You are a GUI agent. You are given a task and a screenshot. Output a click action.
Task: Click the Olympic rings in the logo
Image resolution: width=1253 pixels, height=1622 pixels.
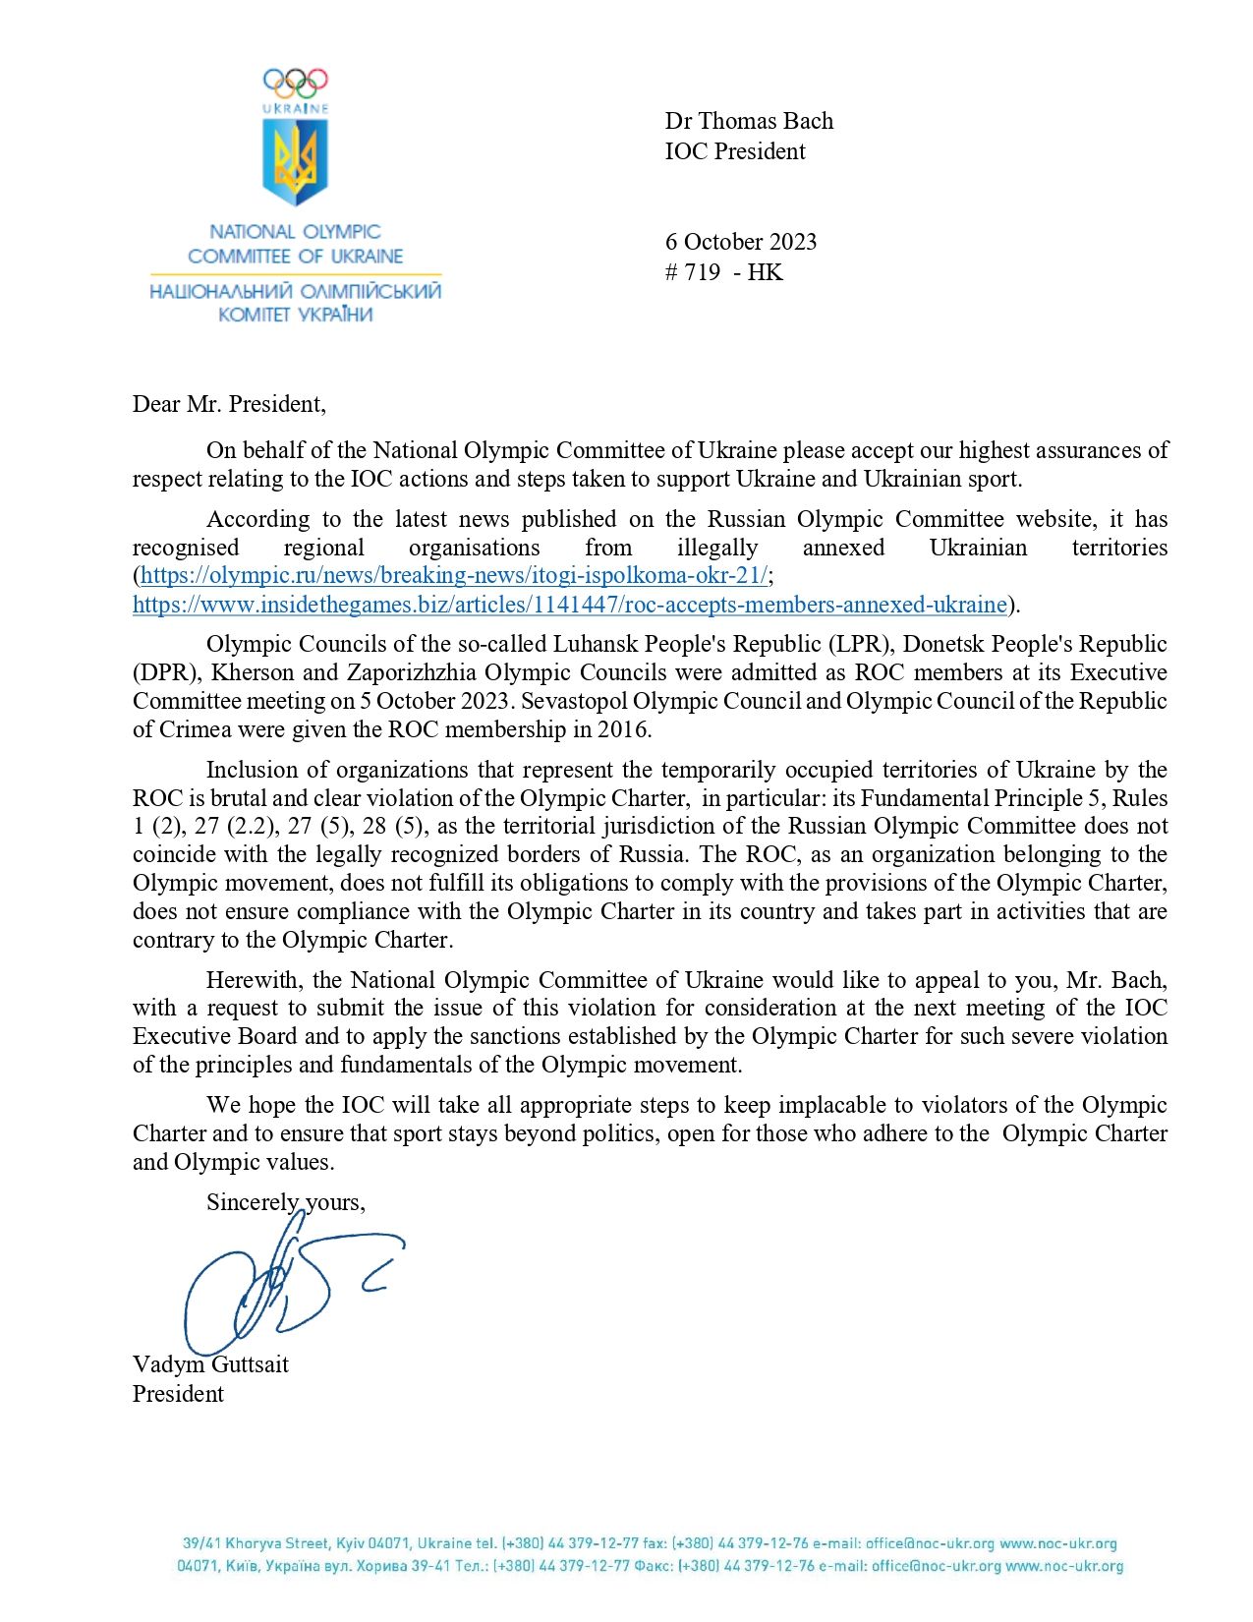[295, 82]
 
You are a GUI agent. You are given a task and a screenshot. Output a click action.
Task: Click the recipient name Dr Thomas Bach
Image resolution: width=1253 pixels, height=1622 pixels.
[749, 121]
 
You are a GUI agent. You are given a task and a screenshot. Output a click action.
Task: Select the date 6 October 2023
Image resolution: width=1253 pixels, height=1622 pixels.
[740, 242]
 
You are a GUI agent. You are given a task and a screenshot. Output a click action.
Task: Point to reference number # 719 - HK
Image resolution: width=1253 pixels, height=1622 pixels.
[723, 272]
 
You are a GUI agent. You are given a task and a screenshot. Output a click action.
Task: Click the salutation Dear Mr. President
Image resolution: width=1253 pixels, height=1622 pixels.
[229, 404]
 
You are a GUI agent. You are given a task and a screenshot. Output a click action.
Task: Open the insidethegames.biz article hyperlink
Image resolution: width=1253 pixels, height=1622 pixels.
[570, 604]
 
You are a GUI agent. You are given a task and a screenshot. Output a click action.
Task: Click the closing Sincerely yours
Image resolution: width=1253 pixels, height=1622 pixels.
[285, 1202]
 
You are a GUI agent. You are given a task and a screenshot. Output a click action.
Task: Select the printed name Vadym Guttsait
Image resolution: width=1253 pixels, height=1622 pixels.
[210, 1364]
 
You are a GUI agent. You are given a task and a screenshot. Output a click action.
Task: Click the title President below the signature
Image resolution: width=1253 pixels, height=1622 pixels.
[178, 1394]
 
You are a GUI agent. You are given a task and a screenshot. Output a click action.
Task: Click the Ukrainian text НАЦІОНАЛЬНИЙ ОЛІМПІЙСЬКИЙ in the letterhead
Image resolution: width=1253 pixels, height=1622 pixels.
[295, 292]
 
